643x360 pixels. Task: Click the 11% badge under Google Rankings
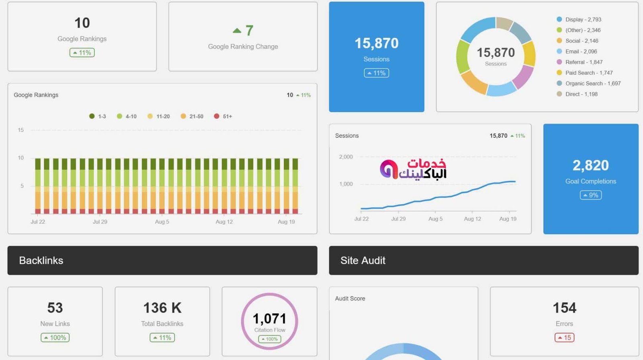[x=82, y=53]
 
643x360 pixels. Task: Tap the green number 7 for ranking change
[x=249, y=31]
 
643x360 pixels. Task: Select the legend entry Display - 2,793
[x=583, y=19]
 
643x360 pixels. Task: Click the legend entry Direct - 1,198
[x=581, y=94]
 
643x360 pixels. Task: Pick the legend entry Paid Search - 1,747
[x=588, y=73]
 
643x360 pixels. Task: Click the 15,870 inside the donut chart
[x=496, y=53]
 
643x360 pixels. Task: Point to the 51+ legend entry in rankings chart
[x=223, y=116]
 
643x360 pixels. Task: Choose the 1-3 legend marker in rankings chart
[x=92, y=116]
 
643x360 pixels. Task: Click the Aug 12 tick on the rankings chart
[x=224, y=222]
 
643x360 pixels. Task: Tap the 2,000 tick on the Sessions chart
[x=346, y=157]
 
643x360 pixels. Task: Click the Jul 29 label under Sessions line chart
[x=398, y=219]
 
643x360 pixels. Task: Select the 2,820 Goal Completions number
[x=590, y=165]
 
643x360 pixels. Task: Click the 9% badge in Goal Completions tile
[x=590, y=195]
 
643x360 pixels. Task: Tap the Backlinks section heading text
[x=41, y=260]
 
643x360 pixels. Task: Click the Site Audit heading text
[x=362, y=260]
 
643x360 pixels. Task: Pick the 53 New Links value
[x=55, y=308]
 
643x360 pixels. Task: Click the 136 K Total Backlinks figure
[x=162, y=308]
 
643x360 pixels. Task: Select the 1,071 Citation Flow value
[x=269, y=319]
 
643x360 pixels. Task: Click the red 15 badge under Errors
[x=564, y=337]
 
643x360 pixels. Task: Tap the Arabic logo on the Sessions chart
[x=413, y=169]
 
